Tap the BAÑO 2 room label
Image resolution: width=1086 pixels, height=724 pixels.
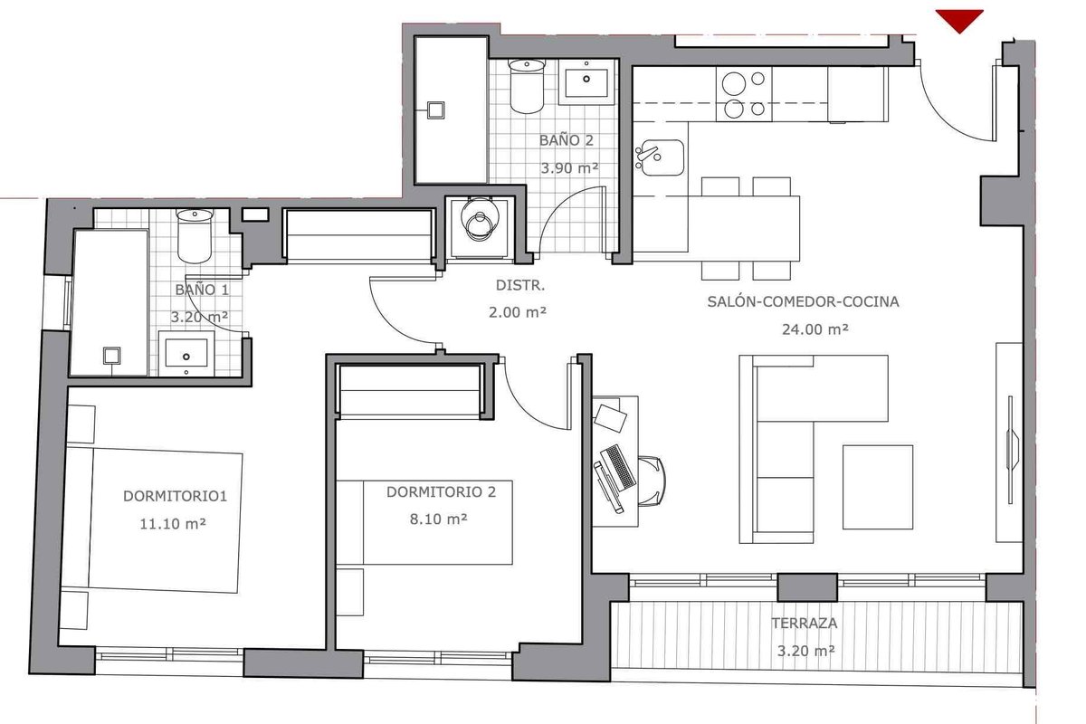coord(567,140)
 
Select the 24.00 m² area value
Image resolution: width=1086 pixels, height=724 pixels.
coord(815,329)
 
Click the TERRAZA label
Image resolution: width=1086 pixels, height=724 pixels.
coord(805,624)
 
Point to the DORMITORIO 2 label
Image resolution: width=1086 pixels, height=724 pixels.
coord(442,492)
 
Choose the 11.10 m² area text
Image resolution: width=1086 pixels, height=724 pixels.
coord(173,524)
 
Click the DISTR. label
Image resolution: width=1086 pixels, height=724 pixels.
coord(520,286)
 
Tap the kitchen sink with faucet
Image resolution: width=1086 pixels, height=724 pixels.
coord(660,157)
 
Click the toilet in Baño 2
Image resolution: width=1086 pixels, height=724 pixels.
coord(527,86)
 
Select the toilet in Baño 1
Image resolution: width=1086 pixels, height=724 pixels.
coord(195,236)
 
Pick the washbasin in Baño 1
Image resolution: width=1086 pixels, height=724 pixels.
coord(186,354)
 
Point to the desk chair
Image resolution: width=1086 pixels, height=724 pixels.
coord(653,481)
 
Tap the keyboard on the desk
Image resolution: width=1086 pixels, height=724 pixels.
coord(618,467)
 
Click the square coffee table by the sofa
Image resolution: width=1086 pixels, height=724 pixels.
coord(878,487)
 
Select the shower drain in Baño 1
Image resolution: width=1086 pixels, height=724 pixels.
coord(111,356)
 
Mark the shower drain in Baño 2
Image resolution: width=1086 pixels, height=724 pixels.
coord(436,110)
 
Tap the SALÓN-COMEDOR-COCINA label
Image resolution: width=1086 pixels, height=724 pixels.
coord(803,301)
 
